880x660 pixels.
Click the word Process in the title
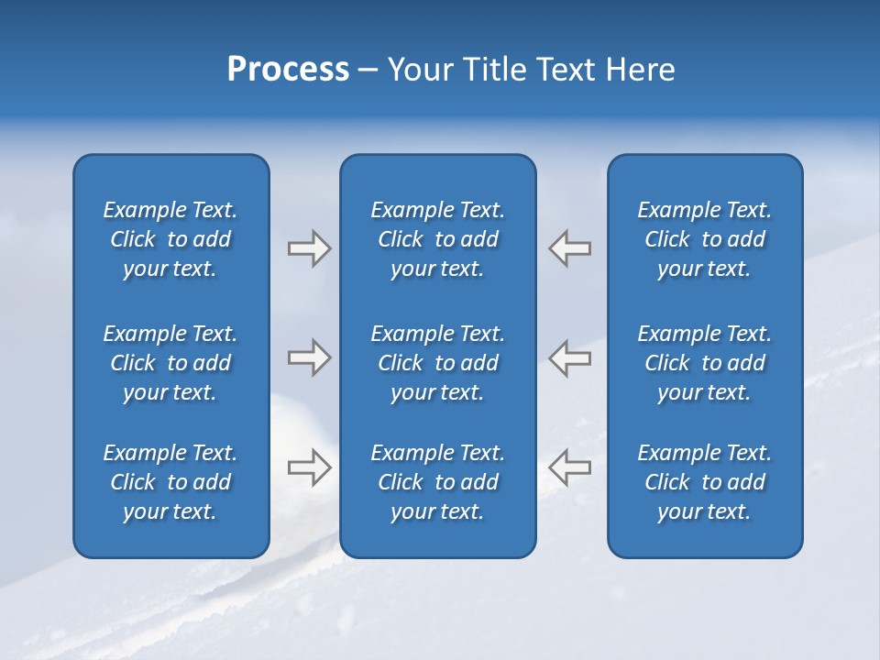(x=288, y=70)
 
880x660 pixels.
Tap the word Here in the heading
(x=640, y=70)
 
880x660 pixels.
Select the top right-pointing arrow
(x=310, y=248)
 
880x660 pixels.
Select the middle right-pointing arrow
(x=310, y=357)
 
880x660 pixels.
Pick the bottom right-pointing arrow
(x=310, y=467)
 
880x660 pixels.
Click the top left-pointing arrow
(x=569, y=248)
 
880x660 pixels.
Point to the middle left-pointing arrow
(x=569, y=357)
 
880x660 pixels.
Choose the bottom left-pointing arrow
(x=569, y=467)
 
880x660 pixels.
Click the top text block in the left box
(x=170, y=239)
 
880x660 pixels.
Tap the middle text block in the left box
(x=170, y=363)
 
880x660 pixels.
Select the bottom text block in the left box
(x=170, y=482)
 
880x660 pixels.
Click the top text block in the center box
(x=437, y=239)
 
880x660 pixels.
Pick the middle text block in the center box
(x=437, y=363)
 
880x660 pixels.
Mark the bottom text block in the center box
(x=437, y=482)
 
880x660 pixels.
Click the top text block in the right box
(x=704, y=239)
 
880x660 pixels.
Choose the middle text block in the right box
(x=704, y=363)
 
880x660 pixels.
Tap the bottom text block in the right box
(x=704, y=482)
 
